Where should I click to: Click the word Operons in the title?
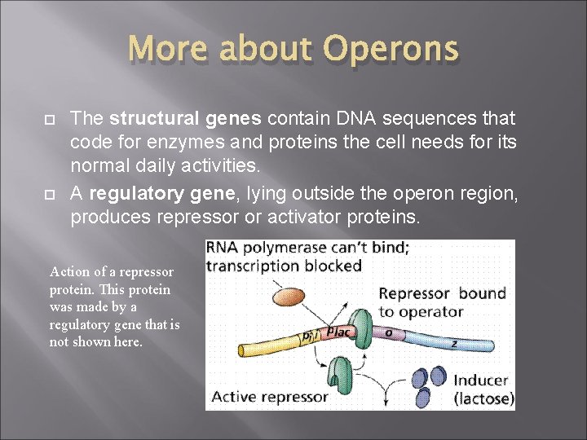coord(391,50)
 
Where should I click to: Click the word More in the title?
coord(167,50)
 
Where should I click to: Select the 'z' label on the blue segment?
coord(454,345)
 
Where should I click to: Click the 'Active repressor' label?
coord(269,397)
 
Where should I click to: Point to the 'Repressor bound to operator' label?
coord(441,301)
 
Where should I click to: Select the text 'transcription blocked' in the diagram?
coord(283,265)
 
